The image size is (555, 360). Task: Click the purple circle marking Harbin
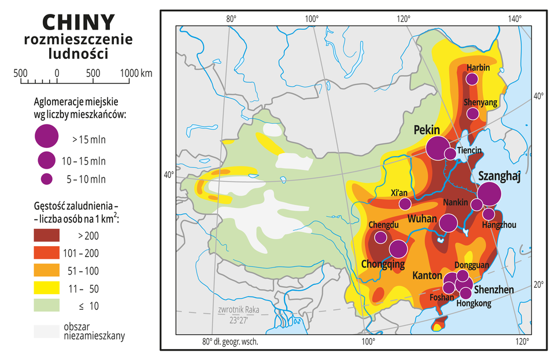(472, 79)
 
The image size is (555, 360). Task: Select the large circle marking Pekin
(438, 147)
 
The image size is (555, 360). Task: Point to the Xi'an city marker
(405, 204)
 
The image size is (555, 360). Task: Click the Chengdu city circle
(380, 237)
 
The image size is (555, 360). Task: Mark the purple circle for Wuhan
(449, 222)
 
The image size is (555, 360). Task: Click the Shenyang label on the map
(480, 102)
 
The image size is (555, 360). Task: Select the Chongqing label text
(383, 264)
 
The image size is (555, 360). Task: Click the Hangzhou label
(499, 225)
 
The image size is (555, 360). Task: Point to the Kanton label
(427, 276)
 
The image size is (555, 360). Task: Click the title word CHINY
(78, 22)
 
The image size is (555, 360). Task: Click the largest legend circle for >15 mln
(47, 136)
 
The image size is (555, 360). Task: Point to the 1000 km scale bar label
(136, 73)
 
